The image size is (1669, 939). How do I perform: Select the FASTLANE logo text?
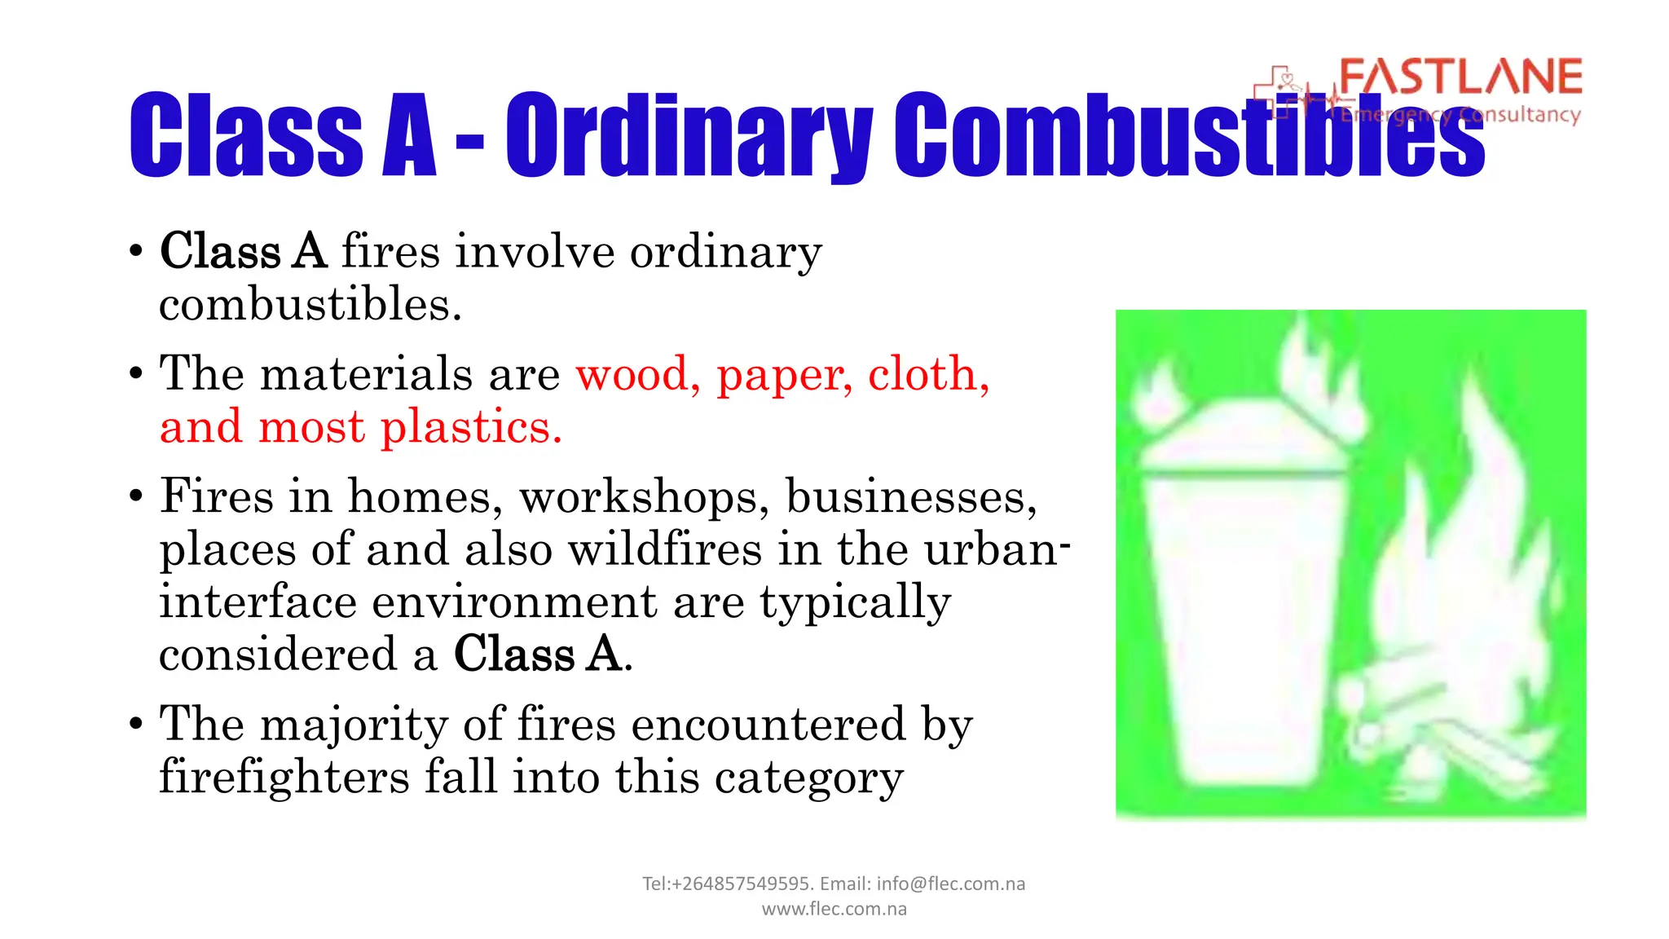pos(1460,77)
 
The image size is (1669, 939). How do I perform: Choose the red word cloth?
pos(927,374)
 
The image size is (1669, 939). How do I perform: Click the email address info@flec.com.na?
pos(950,884)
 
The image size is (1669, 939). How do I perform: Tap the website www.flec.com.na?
pos(834,909)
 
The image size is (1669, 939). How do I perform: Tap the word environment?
pos(513,602)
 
